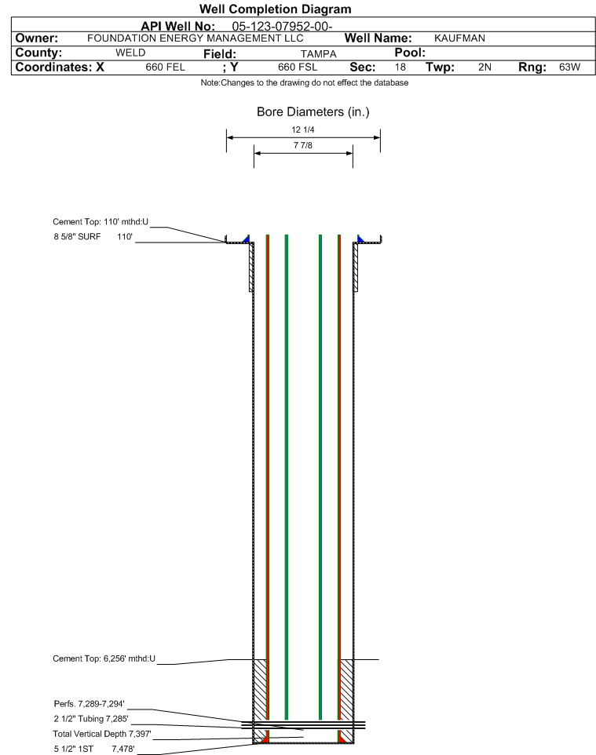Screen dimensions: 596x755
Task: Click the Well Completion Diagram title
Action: click(275, 9)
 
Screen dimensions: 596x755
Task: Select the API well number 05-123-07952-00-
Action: click(282, 27)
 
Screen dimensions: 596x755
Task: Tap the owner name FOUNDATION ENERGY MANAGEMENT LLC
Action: click(196, 38)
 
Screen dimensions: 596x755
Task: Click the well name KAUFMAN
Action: click(459, 38)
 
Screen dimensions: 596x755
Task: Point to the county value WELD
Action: click(130, 53)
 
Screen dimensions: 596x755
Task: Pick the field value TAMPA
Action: click(319, 54)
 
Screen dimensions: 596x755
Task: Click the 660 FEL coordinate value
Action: click(165, 67)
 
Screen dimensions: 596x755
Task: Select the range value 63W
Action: click(569, 67)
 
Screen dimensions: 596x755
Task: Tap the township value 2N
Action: click(484, 67)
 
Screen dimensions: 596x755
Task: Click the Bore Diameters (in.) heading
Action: click(313, 112)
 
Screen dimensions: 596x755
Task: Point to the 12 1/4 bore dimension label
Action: click(302, 129)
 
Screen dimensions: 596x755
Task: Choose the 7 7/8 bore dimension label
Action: click(302, 145)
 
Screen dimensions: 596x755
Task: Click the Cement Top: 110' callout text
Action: click(101, 222)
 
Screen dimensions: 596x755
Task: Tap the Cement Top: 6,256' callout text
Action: click(104, 658)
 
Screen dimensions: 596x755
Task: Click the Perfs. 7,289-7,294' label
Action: click(90, 704)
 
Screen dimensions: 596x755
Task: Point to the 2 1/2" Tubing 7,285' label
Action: click(91, 719)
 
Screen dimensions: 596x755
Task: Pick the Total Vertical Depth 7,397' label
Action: click(102, 735)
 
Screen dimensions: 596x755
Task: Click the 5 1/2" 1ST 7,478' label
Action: click(94, 750)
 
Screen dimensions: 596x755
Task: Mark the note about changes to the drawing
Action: click(305, 83)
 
